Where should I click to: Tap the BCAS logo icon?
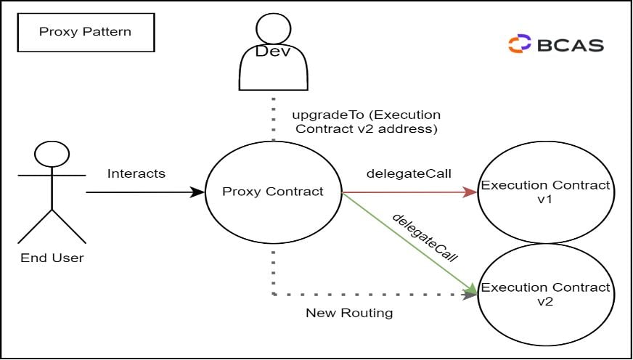click(520, 44)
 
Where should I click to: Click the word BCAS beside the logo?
click(571, 44)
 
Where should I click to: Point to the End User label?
click(52, 258)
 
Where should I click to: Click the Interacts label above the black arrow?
click(136, 173)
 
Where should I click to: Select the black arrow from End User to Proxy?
click(145, 192)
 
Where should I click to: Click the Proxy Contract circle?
click(274, 192)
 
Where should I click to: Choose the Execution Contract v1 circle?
click(545, 192)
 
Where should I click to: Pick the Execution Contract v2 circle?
click(546, 294)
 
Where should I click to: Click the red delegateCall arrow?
click(407, 192)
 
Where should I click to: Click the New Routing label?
click(349, 313)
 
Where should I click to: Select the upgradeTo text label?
click(366, 122)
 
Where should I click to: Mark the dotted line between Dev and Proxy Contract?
click(274, 120)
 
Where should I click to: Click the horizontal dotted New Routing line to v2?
click(370, 295)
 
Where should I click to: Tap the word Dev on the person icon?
click(274, 52)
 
